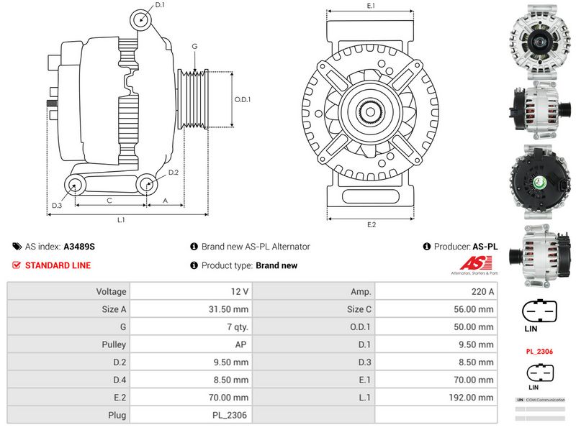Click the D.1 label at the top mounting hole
[x=160, y=5]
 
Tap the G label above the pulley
[x=194, y=47]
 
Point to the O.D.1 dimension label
[x=242, y=99]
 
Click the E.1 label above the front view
[x=372, y=6]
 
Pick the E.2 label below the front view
[x=372, y=224]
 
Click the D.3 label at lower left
[x=57, y=206]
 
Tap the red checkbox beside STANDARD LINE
[x=17, y=265]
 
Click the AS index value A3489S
[x=79, y=247]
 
